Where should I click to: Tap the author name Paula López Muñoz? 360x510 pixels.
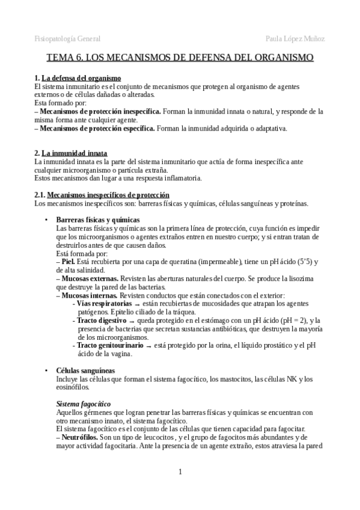295,38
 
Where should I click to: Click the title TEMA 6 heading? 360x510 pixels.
180,58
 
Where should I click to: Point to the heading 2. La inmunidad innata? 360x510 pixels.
71,153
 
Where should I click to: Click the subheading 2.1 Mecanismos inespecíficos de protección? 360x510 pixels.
102,195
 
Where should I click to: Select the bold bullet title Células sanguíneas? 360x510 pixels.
85,370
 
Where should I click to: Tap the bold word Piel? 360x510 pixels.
70,262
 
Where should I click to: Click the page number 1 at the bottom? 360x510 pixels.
180,472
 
